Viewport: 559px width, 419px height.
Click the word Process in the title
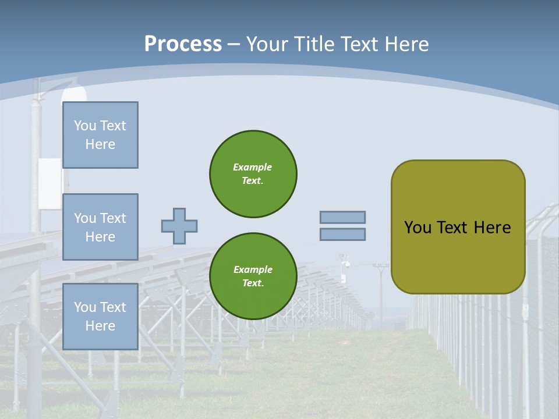[x=183, y=44]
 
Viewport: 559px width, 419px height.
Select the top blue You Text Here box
[x=100, y=135]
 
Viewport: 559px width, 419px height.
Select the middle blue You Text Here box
[x=100, y=227]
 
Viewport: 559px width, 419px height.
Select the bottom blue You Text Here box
[x=100, y=316]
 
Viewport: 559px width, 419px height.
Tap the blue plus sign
[x=179, y=226]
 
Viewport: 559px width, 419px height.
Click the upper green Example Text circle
[x=253, y=173]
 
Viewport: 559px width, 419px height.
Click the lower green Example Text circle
[x=253, y=276]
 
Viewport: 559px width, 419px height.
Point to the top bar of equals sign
[x=343, y=218]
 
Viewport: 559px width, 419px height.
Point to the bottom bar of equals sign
[x=343, y=234]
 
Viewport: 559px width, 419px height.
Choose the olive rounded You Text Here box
[x=458, y=227]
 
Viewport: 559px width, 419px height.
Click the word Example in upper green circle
[x=252, y=167]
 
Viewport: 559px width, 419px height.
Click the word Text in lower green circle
[x=252, y=283]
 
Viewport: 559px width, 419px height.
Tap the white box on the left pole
[x=49, y=183]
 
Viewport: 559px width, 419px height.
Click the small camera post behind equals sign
[x=345, y=265]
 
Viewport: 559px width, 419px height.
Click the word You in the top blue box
[x=84, y=126]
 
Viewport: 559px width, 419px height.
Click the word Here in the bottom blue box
[x=100, y=326]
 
